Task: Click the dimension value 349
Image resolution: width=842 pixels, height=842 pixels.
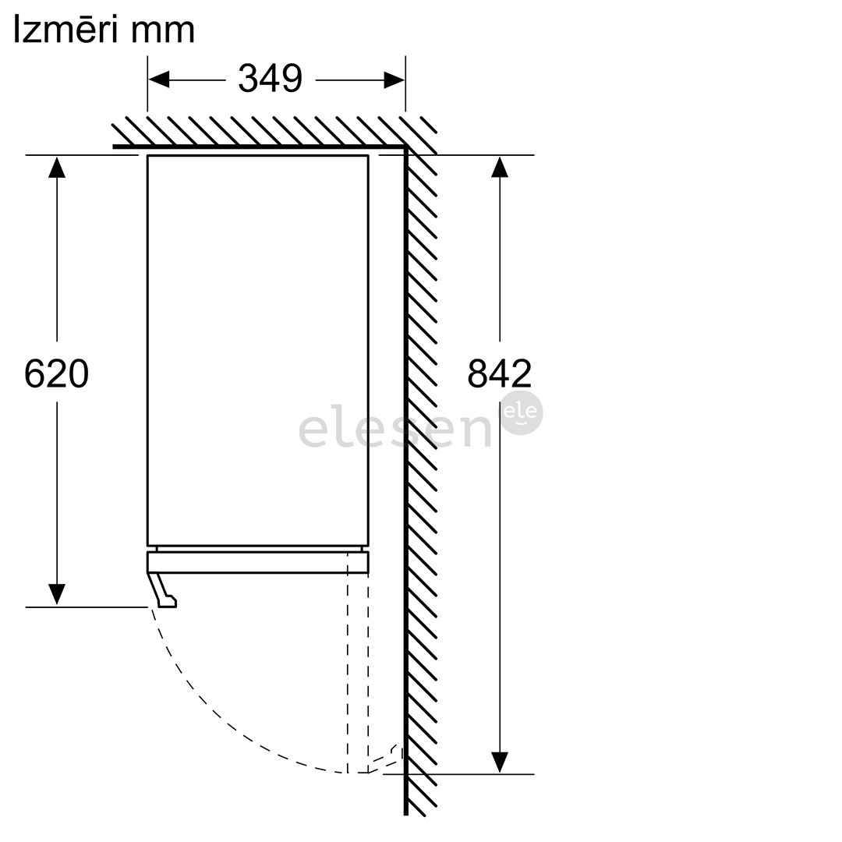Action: pyautogui.click(x=270, y=79)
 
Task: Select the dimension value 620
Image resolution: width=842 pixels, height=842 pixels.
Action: pyautogui.click(x=56, y=373)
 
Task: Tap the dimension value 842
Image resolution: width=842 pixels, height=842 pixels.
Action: pyautogui.click(x=499, y=373)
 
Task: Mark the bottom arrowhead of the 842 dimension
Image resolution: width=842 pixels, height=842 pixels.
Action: pyautogui.click(x=500, y=762)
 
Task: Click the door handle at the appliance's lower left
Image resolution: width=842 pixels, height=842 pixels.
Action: pyautogui.click(x=162, y=590)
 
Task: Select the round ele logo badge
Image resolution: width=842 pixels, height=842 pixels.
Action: pyautogui.click(x=521, y=413)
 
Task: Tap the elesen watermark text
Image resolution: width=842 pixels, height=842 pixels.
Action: pyautogui.click(x=394, y=430)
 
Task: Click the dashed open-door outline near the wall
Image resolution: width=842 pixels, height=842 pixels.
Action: pyautogui.click(x=358, y=670)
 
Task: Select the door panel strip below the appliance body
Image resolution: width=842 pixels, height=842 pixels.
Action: pyautogui.click(x=257, y=562)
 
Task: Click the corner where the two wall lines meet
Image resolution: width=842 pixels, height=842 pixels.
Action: pyautogui.click(x=405, y=147)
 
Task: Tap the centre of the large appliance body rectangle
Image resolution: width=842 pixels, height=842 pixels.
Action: pyautogui.click(x=257, y=350)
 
